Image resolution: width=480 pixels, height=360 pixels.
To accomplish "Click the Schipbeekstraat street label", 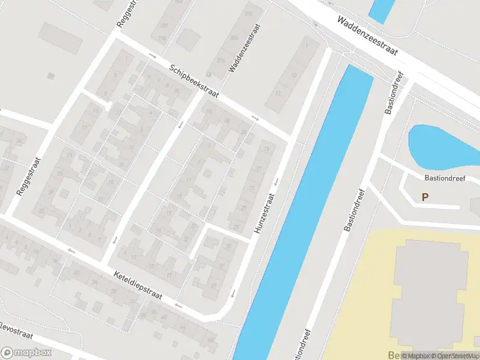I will (x=194, y=82).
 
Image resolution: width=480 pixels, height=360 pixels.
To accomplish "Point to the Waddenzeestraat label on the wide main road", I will (x=367, y=36).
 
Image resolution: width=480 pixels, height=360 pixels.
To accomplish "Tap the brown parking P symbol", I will (x=425, y=197).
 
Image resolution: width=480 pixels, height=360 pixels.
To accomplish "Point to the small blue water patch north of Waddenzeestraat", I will (x=382, y=8).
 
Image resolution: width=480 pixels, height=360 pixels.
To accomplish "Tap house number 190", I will (x=163, y=38).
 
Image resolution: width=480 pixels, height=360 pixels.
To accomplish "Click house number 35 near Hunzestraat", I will (x=229, y=247).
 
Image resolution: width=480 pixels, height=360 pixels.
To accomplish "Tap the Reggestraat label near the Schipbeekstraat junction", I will (x=124, y=14).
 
